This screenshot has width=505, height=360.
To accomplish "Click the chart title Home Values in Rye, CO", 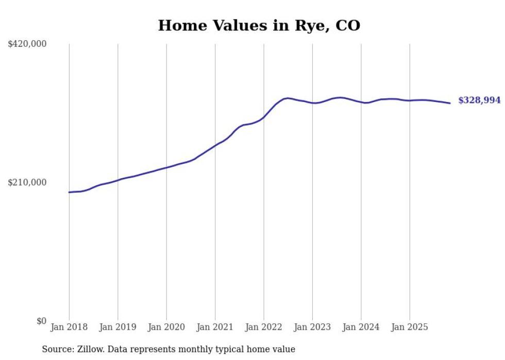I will [259, 25].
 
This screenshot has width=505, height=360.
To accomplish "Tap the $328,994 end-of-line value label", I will [479, 100].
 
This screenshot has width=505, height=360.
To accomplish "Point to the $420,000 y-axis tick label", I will [27, 44].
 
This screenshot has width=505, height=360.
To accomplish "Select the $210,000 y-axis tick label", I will [27, 182].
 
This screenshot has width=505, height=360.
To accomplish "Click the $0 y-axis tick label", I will [41, 321].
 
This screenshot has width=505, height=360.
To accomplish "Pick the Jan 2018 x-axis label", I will [69, 327].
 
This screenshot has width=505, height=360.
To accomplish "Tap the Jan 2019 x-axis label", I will [117, 327].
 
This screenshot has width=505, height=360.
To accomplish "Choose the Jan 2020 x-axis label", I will [166, 327].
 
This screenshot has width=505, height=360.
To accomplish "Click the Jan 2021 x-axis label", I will [215, 327].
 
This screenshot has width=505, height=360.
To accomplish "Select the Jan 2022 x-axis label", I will [264, 327].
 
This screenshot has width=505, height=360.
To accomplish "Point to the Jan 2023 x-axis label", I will [312, 327].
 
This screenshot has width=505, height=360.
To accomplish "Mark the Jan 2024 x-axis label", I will [361, 327].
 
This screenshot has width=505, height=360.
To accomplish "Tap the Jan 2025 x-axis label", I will [410, 327].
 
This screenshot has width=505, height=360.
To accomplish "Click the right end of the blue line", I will [450, 103].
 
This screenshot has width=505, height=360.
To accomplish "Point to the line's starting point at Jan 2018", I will [69, 192].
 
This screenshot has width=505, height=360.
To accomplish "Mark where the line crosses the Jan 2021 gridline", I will [215, 145].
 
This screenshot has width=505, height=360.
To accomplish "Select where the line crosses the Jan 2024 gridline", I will [361, 102].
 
